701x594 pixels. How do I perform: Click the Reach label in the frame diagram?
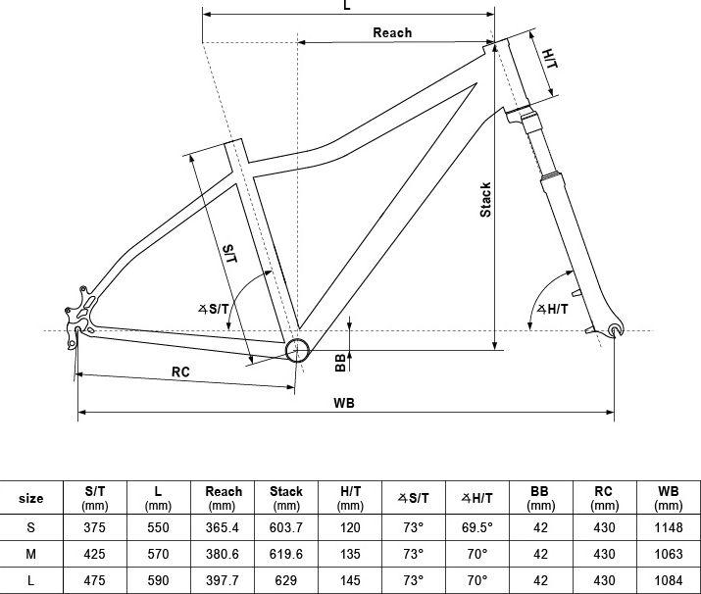pos(392,32)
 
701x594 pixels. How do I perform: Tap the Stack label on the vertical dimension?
pos(485,200)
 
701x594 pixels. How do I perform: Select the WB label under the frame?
pos(344,403)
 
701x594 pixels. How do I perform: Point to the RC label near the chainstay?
pos(180,371)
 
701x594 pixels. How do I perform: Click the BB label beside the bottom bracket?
pos(340,362)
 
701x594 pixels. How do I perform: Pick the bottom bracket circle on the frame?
pos(297,350)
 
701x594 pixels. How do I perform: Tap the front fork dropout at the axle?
pos(616,330)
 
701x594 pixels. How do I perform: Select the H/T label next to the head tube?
pos(550,59)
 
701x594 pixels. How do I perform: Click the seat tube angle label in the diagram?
pos(214,309)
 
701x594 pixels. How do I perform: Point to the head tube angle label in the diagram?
pos(553,309)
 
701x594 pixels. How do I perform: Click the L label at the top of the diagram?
pos(347,5)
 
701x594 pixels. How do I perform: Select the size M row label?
pos(30,554)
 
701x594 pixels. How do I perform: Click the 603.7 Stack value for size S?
pos(286,528)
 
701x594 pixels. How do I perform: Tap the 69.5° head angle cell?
pos(477,528)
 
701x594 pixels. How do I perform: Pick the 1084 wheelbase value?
pos(669,580)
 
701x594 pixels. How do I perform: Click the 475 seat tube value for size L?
pos(95,580)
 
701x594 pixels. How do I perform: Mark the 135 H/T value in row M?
pos(350,554)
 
